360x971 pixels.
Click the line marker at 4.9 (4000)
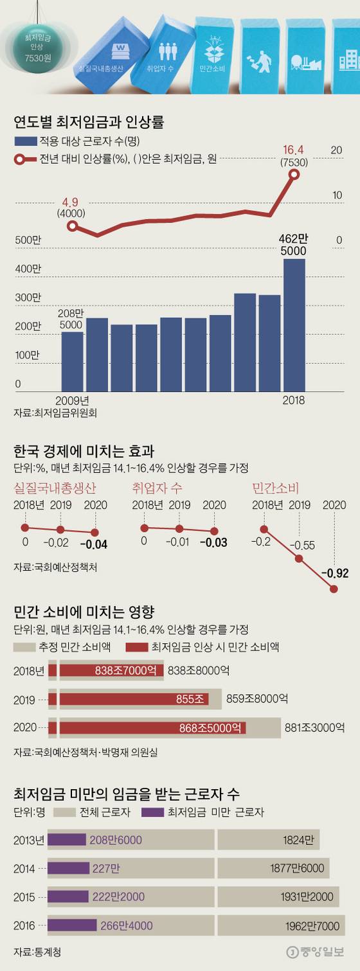73,226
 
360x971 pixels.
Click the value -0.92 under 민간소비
334,573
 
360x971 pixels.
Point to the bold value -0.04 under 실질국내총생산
94,544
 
